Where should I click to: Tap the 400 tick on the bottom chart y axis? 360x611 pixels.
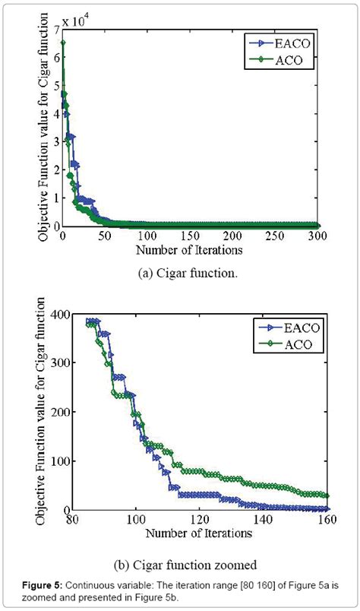[x=46, y=314]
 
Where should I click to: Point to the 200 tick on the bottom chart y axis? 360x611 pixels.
[x=46, y=412]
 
